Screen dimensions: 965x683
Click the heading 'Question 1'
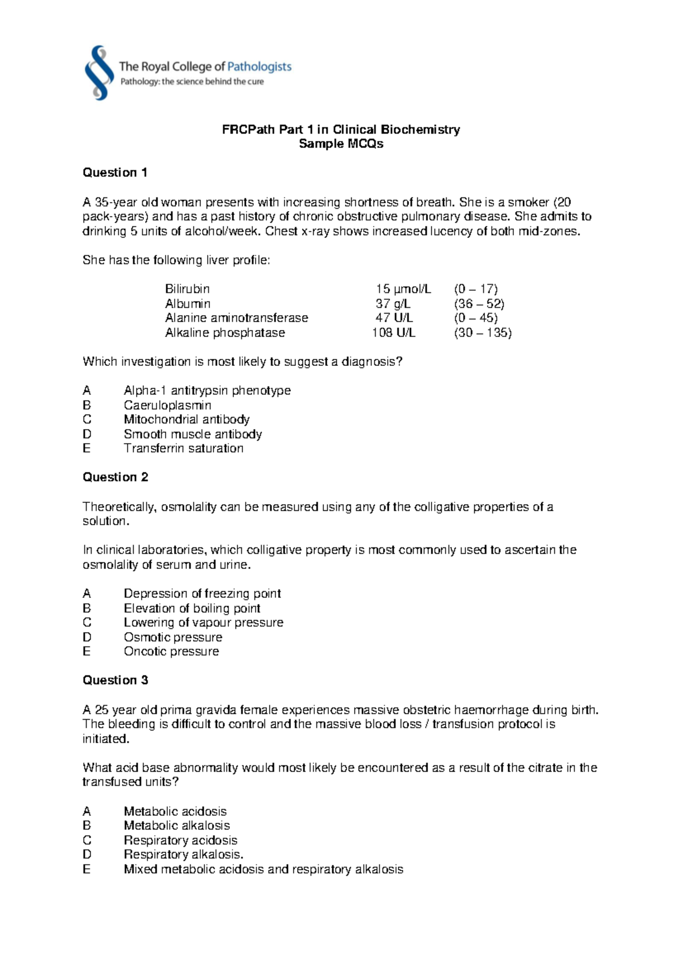point(115,172)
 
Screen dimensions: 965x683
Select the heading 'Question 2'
point(115,477)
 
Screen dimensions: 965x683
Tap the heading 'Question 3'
point(115,680)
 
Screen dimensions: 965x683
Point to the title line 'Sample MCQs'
point(341,144)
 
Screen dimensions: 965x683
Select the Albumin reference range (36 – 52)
point(479,304)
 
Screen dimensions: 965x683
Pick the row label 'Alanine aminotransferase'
point(236,318)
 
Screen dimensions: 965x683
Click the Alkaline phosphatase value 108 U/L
point(393,333)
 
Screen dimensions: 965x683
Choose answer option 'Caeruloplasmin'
point(167,405)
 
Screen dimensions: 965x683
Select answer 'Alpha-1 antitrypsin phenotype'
point(207,391)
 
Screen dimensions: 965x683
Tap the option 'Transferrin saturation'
point(183,448)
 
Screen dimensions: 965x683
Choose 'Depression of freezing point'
point(202,593)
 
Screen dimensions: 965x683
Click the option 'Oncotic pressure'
point(171,651)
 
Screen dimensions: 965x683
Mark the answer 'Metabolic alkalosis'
point(176,826)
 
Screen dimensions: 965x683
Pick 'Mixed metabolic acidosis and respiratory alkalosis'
point(263,869)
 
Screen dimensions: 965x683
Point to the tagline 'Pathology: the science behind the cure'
point(192,82)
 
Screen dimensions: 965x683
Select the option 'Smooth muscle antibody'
point(192,434)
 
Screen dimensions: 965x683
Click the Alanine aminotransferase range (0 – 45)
point(476,318)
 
